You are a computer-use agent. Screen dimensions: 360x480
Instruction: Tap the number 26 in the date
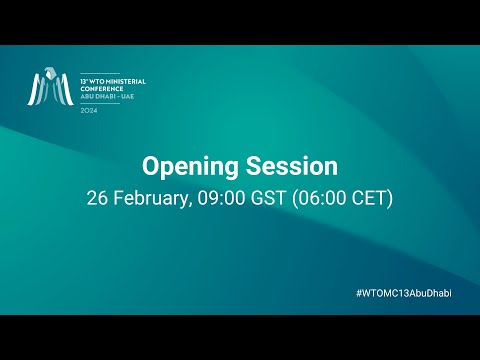pyautogui.click(x=98, y=198)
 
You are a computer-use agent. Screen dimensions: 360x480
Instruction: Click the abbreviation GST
pyautogui.click(x=268, y=198)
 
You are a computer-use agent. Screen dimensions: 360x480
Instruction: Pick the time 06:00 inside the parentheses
pyautogui.click(x=320, y=198)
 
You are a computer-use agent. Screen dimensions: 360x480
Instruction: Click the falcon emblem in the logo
pyautogui.click(x=50, y=88)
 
